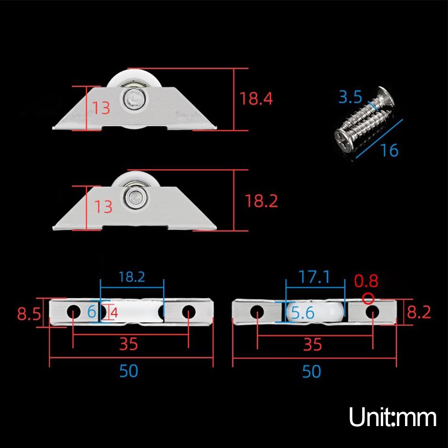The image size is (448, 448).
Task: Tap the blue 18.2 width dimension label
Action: pyautogui.click(x=132, y=277)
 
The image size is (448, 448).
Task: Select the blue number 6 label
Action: pyautogui.click(x=92, y=311)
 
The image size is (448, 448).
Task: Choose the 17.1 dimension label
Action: pyautogui.click(x=315, y=277)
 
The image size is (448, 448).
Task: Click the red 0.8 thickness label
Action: pyautogui.click(x=366, y=281)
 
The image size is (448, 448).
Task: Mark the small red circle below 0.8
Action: pyautogui.click(x=368, y=297)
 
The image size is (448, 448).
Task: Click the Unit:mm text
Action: pyautogui.click(x=393, y=418)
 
